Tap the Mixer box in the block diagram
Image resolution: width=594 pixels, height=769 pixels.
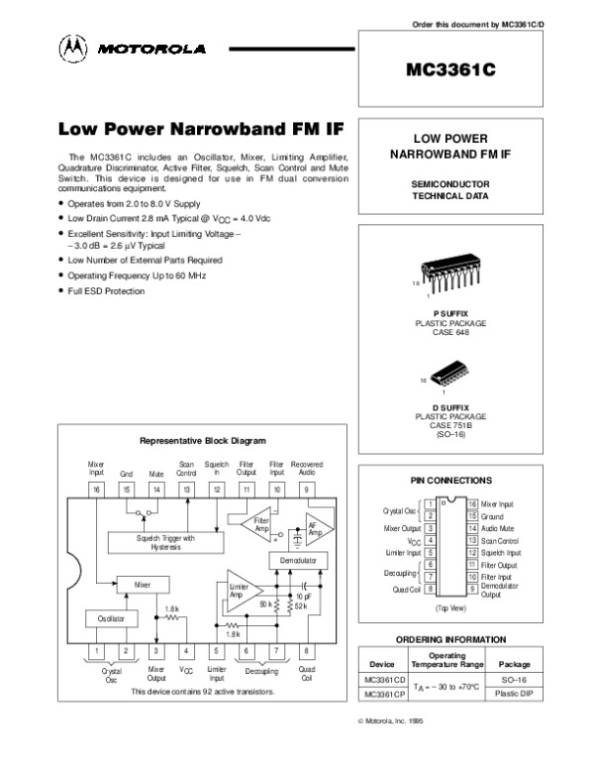145,587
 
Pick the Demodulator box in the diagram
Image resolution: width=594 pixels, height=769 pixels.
298,560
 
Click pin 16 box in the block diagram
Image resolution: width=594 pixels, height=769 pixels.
96,489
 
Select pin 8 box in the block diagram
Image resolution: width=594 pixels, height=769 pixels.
306,652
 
